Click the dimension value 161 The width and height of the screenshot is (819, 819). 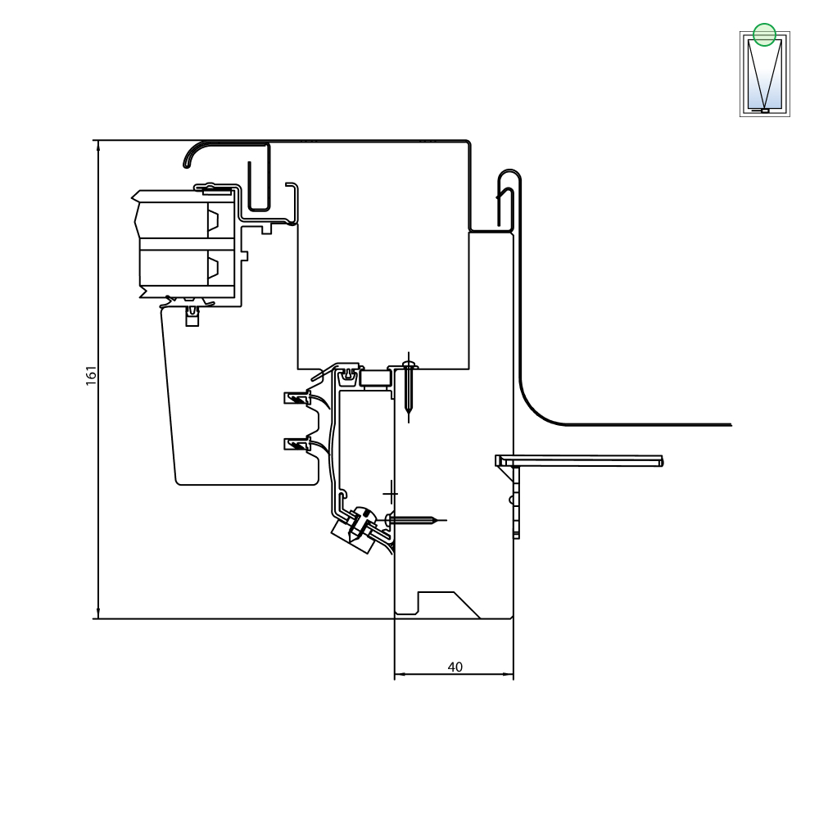pos(92,376)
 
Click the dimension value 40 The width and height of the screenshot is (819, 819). pos(455,667)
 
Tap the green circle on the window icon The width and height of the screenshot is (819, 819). pos(764,35)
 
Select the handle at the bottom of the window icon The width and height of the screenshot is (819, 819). pos(763,111)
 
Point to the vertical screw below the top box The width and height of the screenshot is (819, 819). pos(409,387)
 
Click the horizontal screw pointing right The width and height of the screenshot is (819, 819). pos(415,520)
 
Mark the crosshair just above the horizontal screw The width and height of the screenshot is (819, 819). pos(390,494)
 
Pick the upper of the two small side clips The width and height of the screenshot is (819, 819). pos(296,399)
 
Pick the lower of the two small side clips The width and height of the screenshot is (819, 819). pos(296,445)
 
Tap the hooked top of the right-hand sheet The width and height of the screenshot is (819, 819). pos(509,180)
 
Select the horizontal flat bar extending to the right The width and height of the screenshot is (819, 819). pos(579,460)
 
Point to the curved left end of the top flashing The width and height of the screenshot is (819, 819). pos(190,155)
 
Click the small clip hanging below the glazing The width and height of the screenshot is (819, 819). pos(192,316)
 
